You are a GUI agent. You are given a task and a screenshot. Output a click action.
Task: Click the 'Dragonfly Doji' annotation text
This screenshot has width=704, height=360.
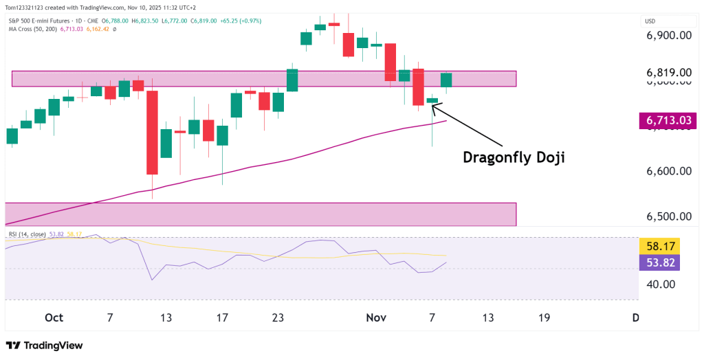click(514, 157)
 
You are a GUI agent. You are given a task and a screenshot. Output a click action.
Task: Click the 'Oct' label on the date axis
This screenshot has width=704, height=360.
click(54, 317)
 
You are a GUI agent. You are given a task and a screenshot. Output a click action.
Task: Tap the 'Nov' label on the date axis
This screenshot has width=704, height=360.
click(376, 317)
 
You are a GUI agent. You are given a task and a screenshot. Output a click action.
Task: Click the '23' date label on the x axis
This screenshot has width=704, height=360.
click(278, 317)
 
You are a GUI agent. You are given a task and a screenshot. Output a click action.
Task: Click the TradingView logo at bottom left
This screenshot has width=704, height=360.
click(44, 346)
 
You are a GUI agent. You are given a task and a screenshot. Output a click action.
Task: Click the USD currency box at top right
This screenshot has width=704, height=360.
click(650, 21)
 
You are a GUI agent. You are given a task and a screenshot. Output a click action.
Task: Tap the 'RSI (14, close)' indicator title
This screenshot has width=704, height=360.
click(26, 234)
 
